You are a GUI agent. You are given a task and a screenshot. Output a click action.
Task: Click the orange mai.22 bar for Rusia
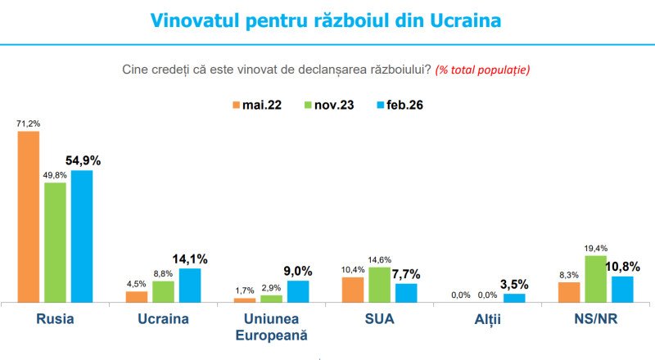pos(29,217)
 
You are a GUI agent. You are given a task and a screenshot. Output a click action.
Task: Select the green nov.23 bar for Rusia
pos(55,242)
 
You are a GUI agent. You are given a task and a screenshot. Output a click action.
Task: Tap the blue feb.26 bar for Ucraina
pos(190,285)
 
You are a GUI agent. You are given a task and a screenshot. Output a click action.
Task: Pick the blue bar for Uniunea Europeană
pos(298,291)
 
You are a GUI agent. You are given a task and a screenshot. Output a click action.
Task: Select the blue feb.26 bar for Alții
pos(514,298)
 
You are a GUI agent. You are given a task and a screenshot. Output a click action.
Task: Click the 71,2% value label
pos(29,124)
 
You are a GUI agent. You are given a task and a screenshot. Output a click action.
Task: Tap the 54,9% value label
pos(84,160)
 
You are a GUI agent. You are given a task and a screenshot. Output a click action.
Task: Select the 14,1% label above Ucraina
pos(191,259)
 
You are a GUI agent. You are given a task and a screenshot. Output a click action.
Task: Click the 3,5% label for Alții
pos(515,285)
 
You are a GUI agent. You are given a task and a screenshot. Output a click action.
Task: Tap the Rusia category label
pos(56,319)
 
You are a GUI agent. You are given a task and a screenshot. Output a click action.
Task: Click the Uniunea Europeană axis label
pos(271,326)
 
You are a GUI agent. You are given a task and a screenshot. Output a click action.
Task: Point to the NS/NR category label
pos(596,319)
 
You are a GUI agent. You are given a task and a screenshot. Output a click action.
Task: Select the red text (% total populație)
pos(482,69)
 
